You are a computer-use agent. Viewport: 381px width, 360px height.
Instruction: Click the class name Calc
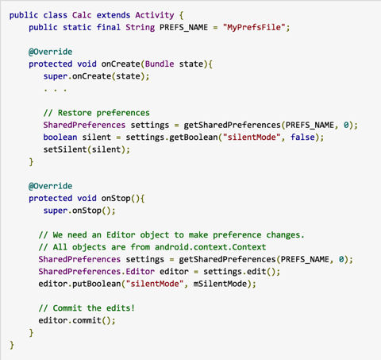(82, 15)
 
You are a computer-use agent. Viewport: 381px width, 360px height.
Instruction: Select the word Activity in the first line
(155, 15)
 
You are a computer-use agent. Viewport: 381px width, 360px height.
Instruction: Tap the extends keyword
(114, 15)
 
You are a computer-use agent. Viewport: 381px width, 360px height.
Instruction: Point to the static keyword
(77, 27)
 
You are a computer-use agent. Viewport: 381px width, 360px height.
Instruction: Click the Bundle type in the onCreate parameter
(160, 64)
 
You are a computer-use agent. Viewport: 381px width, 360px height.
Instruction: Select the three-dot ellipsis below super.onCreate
(56, 90)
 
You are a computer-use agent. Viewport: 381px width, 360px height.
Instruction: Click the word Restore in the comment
(75, 113)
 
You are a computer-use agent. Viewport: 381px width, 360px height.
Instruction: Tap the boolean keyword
(60, 137)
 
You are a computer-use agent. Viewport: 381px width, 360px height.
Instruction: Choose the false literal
(302, 137)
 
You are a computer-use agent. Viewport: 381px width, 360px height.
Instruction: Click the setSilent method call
(65, 149)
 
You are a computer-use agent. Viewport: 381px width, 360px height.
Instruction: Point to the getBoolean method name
(193, 137)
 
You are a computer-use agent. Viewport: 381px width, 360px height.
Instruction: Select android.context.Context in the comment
(210, 247)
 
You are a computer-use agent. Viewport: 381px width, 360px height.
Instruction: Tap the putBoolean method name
(96, 284)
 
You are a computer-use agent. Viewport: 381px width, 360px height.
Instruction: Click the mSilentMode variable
(220, 284)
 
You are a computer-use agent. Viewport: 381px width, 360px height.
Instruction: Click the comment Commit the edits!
(87, 308)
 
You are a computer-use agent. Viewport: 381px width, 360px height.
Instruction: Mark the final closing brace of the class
(12, 345)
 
